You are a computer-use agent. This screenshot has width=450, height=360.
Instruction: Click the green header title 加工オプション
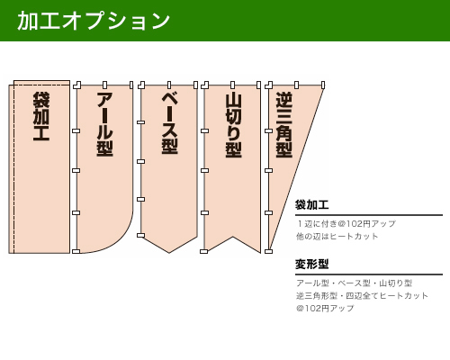[94, 21]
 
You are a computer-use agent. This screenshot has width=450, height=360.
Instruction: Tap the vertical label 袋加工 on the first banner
[41, 116]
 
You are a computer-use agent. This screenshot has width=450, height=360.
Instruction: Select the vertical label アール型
[104, 124]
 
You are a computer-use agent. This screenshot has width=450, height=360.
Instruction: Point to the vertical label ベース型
[169, 123]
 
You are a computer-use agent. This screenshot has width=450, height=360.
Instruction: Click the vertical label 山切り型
[233, 125]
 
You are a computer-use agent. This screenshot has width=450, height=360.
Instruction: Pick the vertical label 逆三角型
[284, 125]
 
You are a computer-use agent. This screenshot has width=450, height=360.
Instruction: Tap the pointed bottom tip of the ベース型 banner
[169, 253]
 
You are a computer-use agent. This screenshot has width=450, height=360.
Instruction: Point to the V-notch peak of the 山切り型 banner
[233, 237]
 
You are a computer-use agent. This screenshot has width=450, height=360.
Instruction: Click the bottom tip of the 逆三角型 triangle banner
[269, 251]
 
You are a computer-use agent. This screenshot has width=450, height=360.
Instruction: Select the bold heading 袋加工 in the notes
[311, 205]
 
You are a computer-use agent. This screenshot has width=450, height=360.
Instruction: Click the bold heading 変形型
[311, 265]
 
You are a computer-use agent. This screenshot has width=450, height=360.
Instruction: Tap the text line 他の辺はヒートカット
[337, 237]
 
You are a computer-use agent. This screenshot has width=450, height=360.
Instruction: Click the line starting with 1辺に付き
[346, 224]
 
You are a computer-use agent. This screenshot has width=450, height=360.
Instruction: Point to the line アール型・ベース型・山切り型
[354, 283]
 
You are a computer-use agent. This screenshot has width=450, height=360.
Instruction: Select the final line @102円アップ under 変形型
[325, 309]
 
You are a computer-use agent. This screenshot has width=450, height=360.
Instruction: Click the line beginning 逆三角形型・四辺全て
[362, 296]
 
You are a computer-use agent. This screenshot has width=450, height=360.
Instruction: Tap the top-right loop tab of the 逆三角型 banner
[323, 85]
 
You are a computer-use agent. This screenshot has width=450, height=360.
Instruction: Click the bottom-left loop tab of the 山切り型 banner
[203, 251]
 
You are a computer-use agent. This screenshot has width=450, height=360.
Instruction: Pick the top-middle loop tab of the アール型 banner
[104, 85]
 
